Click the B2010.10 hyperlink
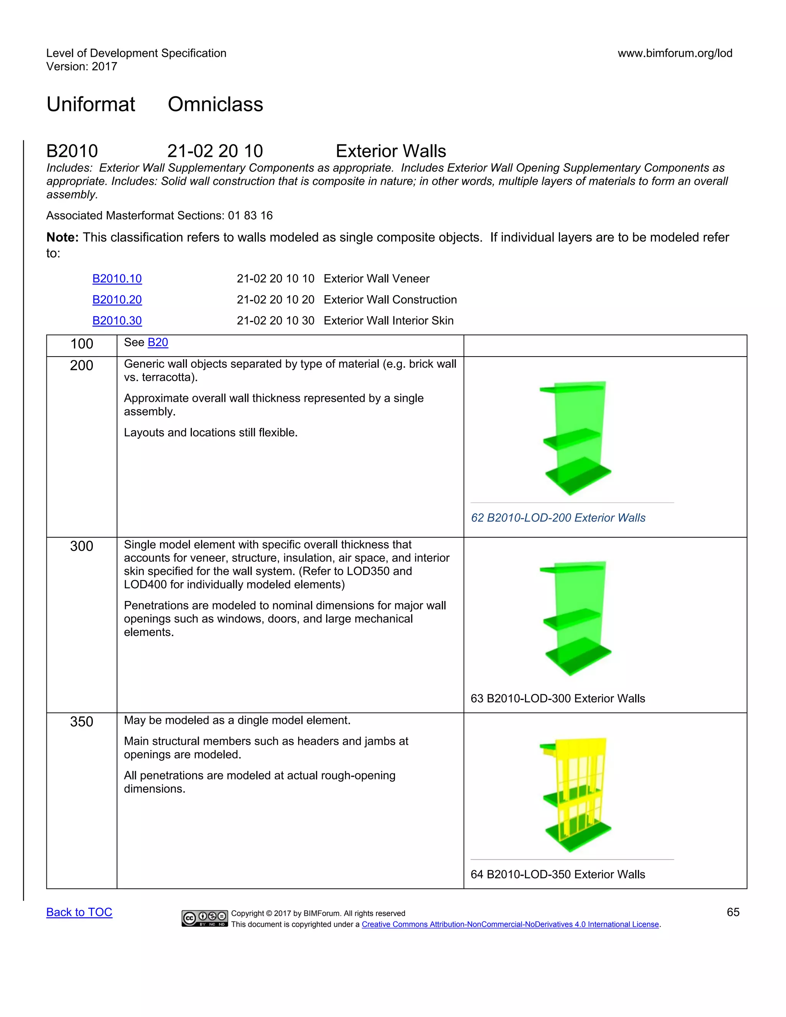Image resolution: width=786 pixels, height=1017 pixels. click(x=117, y=279)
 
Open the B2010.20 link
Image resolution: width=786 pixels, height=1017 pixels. click(x=117, y=299)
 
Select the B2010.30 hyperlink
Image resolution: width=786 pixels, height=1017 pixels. click(x=117, y=320)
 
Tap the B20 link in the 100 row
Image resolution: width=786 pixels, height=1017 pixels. click(x=157, y=342)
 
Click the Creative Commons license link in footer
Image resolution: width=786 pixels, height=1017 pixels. click(x=510, y=925)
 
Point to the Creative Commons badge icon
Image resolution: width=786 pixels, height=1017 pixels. click(x=205, y=918)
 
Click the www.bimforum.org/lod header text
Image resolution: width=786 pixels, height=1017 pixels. click(x=675, y=53)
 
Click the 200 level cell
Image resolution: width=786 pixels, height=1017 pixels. click(x=81, y=365)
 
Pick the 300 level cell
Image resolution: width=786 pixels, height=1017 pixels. click(x=81, y=546)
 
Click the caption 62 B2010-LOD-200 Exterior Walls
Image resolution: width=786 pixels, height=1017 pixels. click(x=558, y=517)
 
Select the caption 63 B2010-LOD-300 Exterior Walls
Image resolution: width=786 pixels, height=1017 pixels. click(x=557, y=698)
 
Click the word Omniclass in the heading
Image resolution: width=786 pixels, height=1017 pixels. click(x=215, y=104)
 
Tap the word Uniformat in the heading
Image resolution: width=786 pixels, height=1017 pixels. click(x=91, y=104)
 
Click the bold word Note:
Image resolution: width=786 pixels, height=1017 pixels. click(x=63, y=238)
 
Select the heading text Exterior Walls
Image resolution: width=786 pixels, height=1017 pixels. click(x=391, y=151)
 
